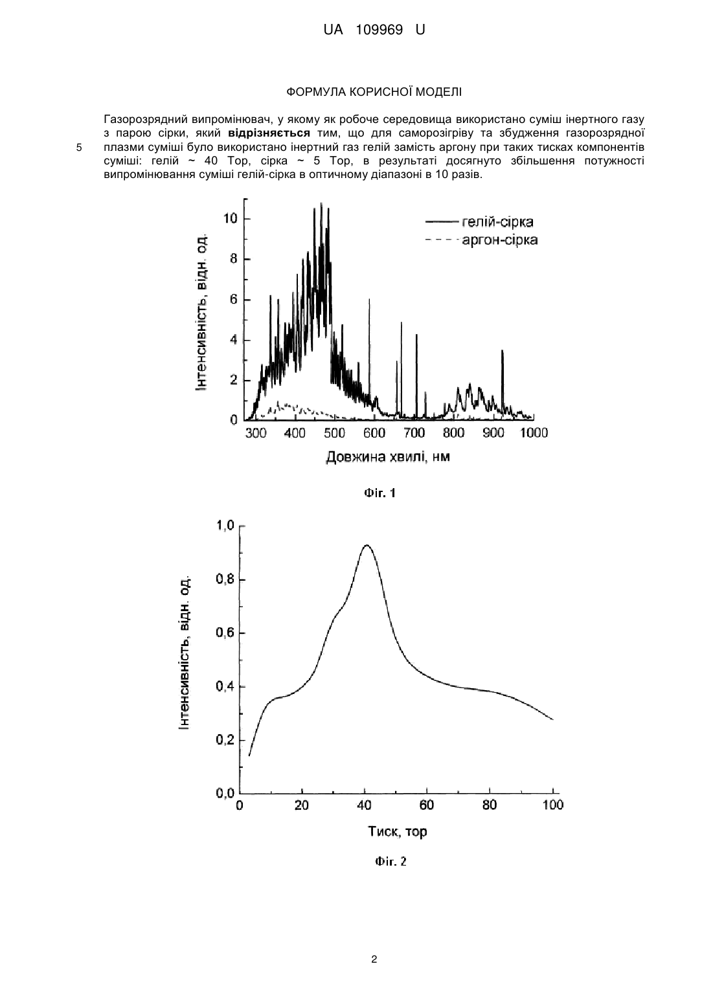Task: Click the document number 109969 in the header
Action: click(x=379, y=30)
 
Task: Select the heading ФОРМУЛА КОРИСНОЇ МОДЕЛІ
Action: click(x=374, y=92)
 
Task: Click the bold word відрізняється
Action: click(x=269, y=133)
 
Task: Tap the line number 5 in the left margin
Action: click(x=79, y=147)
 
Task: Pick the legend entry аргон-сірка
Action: click(x=500, y=240)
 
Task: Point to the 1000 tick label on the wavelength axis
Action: click(x=534, y=433)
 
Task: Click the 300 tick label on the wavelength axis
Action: click(x=256, y=433)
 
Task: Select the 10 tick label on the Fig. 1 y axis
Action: click(x=230, y=219)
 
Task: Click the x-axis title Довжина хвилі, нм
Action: click(x=388, y=457)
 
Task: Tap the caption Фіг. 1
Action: click(x=379, y=493)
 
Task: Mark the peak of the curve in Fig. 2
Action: click(x=367, y=545)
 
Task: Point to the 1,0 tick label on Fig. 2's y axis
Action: click(x=225, y=525)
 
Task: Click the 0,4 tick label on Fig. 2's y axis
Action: click(x=225, y=687)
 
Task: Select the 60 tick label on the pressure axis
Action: click(x=427, y=805)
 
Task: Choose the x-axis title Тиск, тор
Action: click(x=398, y=831)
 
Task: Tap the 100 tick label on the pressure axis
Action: click(x=553, y=805)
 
